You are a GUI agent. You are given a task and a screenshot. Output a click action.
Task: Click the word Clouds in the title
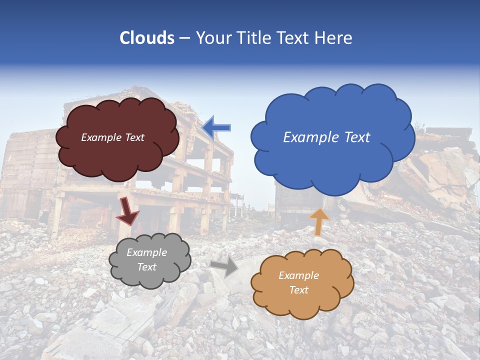point(147,38)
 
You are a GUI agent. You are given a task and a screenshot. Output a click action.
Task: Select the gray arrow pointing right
point(225,267)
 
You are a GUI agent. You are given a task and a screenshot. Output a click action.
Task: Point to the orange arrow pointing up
point(319,221)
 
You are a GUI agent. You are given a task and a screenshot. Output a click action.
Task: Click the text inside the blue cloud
point(326,137)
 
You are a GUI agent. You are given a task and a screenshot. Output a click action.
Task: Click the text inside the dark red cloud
point(112,137)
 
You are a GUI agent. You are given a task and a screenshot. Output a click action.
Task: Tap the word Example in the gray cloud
point(146,252)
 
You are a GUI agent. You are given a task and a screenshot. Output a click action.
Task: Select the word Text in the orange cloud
point(298,290)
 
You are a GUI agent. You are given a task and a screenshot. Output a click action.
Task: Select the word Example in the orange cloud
point(298,275)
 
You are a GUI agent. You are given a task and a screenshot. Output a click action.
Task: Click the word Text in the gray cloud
point(146,267)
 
